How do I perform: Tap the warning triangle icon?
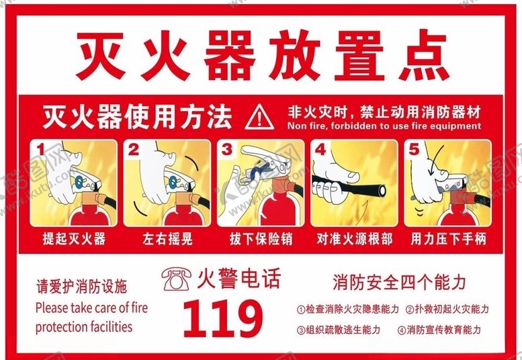point(259,118)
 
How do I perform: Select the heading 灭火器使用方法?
point(137,117)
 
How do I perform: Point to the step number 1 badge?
point(40,149)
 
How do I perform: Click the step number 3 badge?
point(227,149)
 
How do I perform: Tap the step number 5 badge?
point(414,149)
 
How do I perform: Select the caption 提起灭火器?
point(73,238)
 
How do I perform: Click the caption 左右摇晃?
point(167,238)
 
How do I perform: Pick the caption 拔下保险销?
point(260,238)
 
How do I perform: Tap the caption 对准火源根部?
point(354,238)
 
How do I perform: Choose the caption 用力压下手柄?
point(447,238)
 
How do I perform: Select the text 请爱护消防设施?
point(81,287)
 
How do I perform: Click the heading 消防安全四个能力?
point(398,281)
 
